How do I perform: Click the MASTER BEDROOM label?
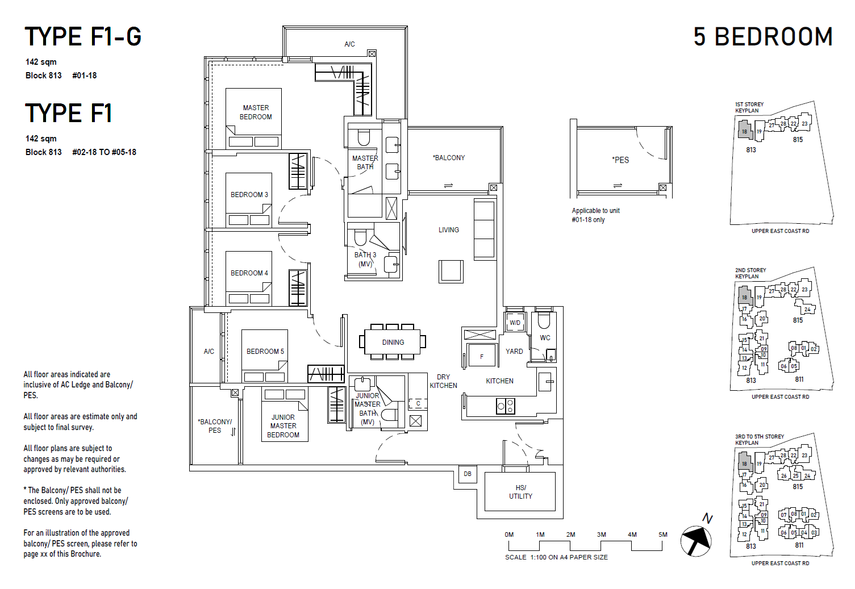click(256, 112)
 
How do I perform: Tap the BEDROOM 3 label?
click(249, 195)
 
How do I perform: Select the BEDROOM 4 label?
click(249, 273)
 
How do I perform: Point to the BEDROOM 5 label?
click(265, 352)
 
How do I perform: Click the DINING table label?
click(393, 342)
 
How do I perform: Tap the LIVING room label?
click(448, 230)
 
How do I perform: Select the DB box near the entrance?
click(468, 474)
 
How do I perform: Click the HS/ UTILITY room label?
click(520, 492)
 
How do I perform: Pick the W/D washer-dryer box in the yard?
click(515, 323)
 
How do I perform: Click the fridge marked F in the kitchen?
click(481, 357)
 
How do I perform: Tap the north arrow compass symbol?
click(696, 540)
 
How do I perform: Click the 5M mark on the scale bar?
click(662, 535)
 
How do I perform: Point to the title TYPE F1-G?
click(83, 37)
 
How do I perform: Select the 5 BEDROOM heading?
click(762, 37)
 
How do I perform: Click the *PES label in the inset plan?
click(620, 160)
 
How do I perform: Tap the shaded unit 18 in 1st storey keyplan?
click(744, 131)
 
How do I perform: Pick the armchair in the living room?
click(451, 271)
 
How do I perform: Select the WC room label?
click(545, 338)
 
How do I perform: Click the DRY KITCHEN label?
click(443, 381)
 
